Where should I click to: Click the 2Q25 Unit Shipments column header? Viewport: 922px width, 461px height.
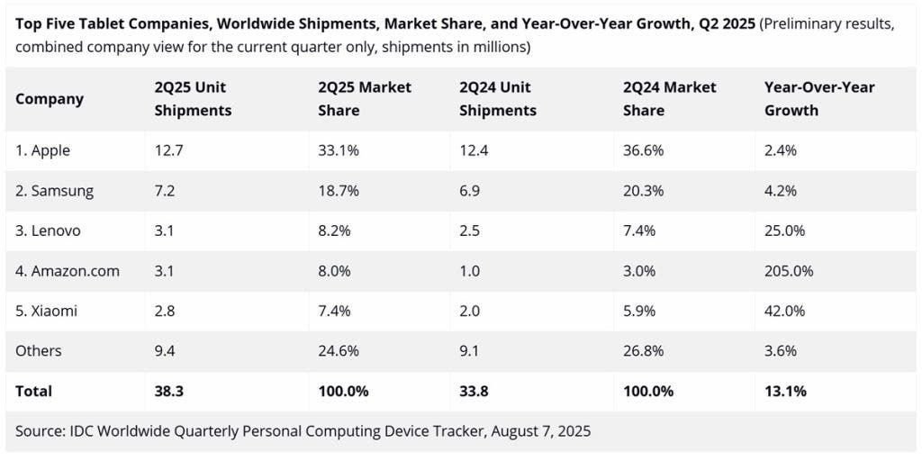click(193, 99)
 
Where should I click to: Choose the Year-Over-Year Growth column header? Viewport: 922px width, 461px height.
click(819, 99)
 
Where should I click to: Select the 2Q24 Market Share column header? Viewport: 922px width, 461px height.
click(669, 99)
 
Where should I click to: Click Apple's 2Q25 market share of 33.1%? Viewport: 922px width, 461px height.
click(339, 150)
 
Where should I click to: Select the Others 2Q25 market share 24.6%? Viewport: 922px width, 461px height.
click(339, 350)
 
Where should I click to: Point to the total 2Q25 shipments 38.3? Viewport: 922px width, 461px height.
click(169, 391)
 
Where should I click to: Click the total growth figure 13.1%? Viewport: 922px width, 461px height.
click(785, 391)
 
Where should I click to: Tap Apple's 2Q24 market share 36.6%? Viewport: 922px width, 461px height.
click(643, 150)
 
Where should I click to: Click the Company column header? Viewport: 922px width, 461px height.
click(50, 99)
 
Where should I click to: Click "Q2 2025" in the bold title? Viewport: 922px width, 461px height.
click(726, 23)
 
